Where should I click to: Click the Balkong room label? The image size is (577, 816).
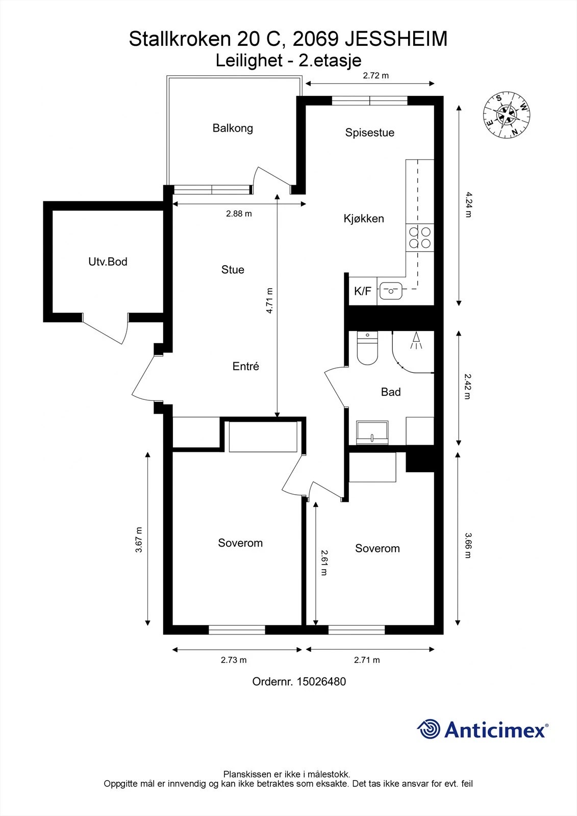click(233, 129)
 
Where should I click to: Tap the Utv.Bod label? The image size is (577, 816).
click(108, 262)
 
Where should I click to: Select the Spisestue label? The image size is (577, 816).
click(369, 133)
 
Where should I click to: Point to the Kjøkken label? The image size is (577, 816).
click(364, 219)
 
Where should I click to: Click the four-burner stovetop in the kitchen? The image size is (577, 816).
click(419, 238)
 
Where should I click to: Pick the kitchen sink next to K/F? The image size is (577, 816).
click(391, 291)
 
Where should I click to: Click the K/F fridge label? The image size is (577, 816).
click(363, 291)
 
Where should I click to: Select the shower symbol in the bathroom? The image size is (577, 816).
click(416, 341)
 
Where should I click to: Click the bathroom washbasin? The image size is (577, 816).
click(372, 432)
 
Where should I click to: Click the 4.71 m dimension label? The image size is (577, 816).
click(269, 300)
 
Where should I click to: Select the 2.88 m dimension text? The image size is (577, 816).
click(239, 214)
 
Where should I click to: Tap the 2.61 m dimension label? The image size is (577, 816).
click(323, 563)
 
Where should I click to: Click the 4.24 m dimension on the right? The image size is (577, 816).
click(468, 205)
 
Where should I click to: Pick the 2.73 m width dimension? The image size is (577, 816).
click(234, 660)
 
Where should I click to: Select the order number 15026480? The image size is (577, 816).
click(321, 681)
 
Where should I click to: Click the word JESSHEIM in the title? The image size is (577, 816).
click(396, 39)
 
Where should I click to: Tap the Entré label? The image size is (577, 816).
click(246, 366)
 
